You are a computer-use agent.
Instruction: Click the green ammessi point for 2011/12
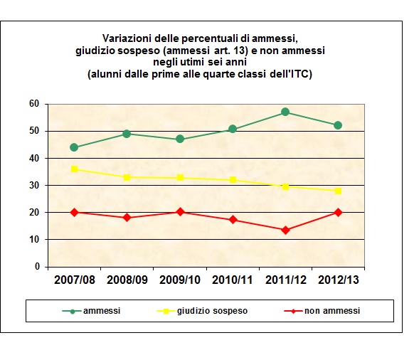click(x=285, y=112)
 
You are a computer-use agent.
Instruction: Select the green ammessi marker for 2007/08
click(x=74, y=147)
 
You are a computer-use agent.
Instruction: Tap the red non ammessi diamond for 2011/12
click(x=285, y=230)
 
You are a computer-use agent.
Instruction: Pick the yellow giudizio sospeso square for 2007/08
click(x=74, y=169)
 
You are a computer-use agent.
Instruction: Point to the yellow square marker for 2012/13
click(x=338, y=191)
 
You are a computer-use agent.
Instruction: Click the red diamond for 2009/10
click(x=179, y=212)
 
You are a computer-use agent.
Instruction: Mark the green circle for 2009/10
click(x=179, y=139)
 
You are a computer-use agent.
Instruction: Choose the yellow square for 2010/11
click(x=233, y=180)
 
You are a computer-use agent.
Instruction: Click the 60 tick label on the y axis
click(x=33, y=104)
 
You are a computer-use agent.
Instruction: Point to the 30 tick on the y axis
click(x=33, y=185)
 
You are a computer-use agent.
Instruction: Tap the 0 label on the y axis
click(x=36, y=267)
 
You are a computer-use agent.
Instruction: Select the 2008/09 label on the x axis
click(x=127, y=279)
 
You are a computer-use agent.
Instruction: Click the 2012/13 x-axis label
click(x=338, y=279)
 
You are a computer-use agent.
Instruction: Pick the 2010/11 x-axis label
click(x=233, y=279)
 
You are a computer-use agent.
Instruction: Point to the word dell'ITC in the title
click(x=292, y=74)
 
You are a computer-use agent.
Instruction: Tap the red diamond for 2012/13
click(x=338, y=212)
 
